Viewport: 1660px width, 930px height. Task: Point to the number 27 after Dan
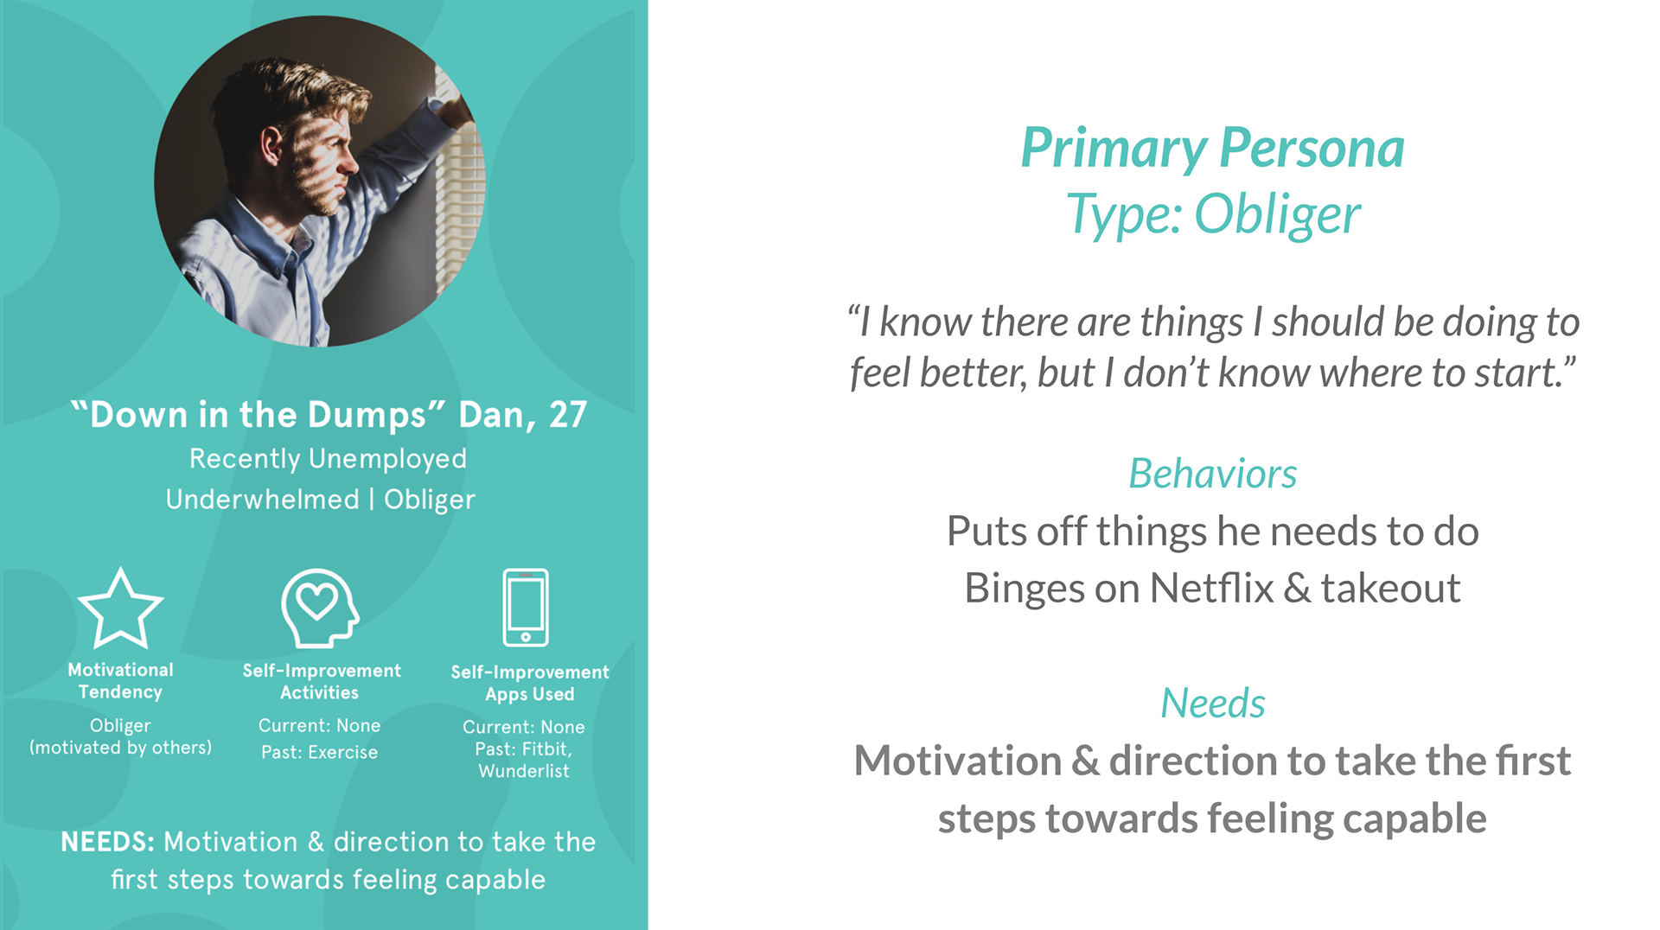[568, 415]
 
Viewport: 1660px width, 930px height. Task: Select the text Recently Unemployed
[328, 458]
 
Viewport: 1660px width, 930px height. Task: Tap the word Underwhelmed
[262, 499]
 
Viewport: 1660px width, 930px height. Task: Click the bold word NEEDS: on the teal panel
[108, 841]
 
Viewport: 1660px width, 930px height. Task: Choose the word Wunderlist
[524, 771]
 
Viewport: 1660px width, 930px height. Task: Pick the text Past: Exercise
[319, 752]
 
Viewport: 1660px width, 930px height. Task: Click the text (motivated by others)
[120, 748]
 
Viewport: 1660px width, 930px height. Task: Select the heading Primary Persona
[1212, 149]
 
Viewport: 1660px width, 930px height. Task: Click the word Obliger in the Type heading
[1277, 214]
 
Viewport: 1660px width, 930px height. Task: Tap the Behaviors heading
[1212, 474]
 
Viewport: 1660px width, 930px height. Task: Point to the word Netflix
[1211, 589]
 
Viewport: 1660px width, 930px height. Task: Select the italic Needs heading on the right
[1212, 704]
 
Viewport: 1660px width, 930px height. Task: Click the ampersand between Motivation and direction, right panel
[1085, 761]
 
